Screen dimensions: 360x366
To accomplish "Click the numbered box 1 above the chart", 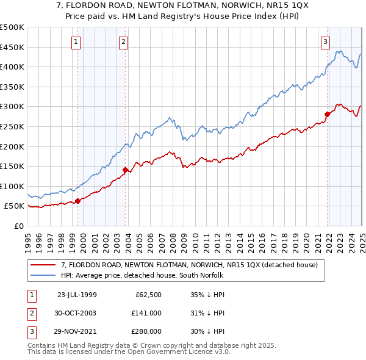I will [x=76, y=42].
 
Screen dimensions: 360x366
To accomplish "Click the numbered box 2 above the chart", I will [x=123, y=42].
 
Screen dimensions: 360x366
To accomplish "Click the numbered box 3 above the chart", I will [x=326, y=42].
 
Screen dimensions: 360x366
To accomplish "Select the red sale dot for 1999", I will [x=78, y=201].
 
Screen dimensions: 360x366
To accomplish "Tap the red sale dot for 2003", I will [x=125, y=170].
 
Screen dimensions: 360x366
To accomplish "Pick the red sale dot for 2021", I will [x=328, y=114].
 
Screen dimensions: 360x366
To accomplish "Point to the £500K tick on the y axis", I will [x=12, y=27].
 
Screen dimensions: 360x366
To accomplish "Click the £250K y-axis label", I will [x=12, y=126].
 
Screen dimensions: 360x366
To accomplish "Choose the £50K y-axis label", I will [x=15, y=206].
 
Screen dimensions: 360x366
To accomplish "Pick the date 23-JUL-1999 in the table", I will [x=77, y=295].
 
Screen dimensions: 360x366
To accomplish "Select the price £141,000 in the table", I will [x=147, y=313].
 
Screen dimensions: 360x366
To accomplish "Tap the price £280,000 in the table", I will [x=147, y=331].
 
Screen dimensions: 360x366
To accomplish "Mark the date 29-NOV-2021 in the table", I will [x=77, y=331].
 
